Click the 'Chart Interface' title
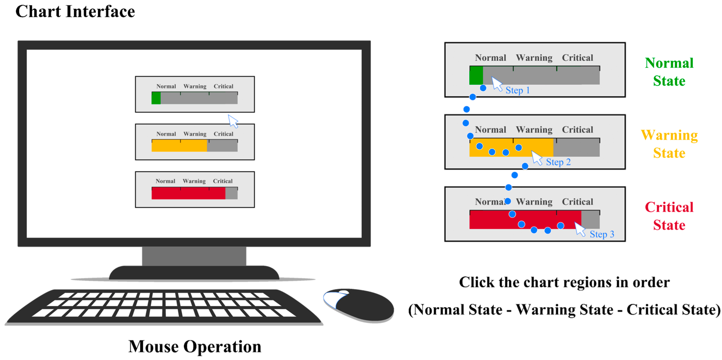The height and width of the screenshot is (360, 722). (x=75, y=12)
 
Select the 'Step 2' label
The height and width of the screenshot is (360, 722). (x=558, y=162)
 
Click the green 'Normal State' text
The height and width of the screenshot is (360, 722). (x=669, y=72)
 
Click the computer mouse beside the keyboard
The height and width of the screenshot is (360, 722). (x=362, y=305)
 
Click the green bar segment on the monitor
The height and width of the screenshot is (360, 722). (x=156, y=98)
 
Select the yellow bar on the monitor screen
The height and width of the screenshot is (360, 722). (x=179, y=146)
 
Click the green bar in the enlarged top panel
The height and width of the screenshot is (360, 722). (x=476, y=75)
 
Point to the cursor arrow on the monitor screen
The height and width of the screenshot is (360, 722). (x=233, y=121)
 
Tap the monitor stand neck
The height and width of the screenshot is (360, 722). (x=194, y=256)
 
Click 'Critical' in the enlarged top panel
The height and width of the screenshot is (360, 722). (x=577, y=58)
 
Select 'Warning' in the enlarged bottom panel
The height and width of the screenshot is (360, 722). (x=534, y=202)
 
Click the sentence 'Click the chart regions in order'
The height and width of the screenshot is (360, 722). (x=564, y=282)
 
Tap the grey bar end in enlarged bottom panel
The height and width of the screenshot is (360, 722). (x=590, y=220)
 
